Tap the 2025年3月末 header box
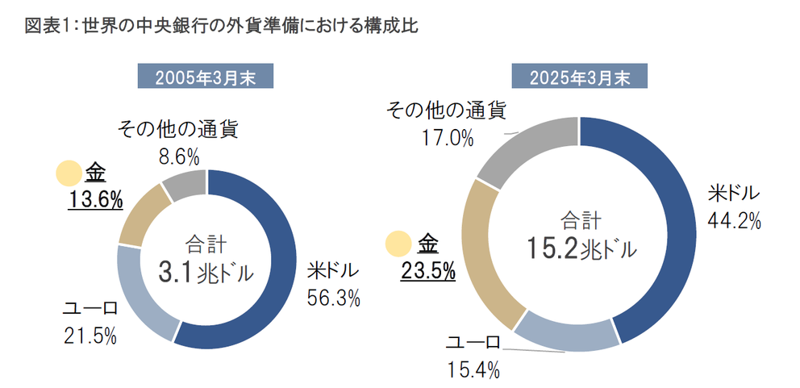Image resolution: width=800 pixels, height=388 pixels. click(x=578, y=77)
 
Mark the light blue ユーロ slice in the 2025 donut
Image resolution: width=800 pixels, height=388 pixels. click(x=565, y=332)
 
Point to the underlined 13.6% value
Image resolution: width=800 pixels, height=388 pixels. click(x=94, y=198)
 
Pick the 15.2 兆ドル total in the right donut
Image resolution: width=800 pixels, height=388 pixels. click(x=578, y=249)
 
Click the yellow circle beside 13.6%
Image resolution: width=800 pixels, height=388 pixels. click(x=69, y=173)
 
